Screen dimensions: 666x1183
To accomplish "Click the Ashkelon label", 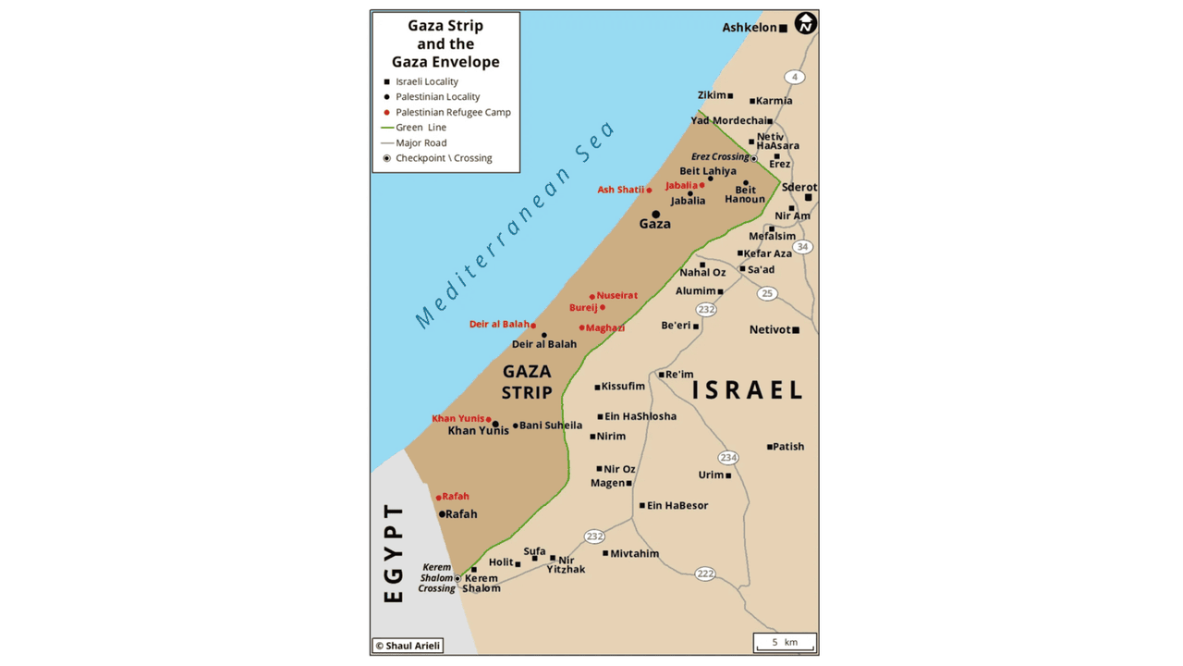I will (x=750, y=28).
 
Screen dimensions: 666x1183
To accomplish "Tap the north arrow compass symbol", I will (x=806, y=23).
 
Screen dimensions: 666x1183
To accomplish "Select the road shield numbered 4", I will (x=794, y=77).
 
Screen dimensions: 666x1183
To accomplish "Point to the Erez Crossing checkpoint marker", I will (x=754, y=159).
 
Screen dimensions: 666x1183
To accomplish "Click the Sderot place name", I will (x=799, y=187).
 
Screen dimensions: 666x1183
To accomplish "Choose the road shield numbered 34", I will (x=802, y=247).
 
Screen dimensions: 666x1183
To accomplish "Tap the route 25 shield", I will (x=766, y=293).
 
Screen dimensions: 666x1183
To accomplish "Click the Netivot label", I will (x=770, y=329).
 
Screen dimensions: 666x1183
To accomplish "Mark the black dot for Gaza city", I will (x=655, y=215).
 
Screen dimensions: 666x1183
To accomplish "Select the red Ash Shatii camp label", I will (x=620, y=190).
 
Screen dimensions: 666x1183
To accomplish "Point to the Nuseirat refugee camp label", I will (x=616, y=295).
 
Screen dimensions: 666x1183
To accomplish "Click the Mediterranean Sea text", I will (x=515, y=225).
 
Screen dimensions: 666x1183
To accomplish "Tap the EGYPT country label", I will (x=394, y=552).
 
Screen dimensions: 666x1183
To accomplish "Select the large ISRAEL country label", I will (x=748, y=389).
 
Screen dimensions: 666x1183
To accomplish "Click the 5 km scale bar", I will (x=785, y=643).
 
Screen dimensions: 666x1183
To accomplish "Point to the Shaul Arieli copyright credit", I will (x=408, y=646).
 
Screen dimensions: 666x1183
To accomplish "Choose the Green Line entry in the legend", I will (x=421, y=128).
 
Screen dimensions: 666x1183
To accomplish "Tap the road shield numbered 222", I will (x=705, y=574).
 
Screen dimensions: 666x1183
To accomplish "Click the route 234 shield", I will (x=728, y=458).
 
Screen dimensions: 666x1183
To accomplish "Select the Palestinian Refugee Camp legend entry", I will (x=453, y=112).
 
